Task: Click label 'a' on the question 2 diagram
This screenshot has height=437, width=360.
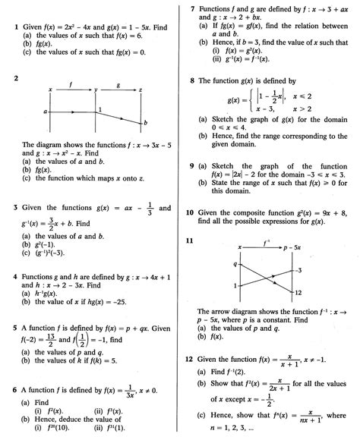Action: (x=46, y=111)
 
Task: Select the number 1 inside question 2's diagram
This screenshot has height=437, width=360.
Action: (x=99, y=111)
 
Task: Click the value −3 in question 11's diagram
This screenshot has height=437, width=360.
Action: (x=300, y=270)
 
